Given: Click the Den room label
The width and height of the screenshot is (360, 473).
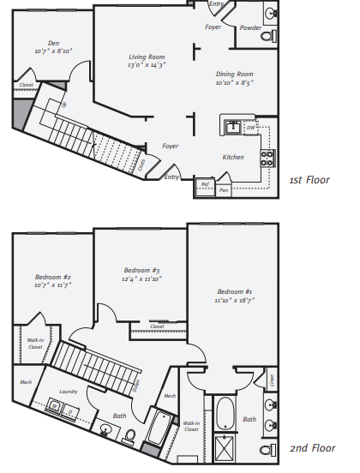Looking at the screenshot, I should tap(53, 43).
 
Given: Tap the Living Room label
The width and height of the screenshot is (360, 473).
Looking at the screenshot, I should tap(147, 57).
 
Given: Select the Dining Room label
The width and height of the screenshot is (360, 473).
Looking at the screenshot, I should tap(234, 75).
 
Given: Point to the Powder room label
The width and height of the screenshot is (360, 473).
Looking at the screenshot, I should tap(250, 27).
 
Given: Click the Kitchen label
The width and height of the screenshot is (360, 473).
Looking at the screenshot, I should tap(233, 157).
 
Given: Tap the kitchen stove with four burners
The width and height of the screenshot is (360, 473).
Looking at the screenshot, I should tap(267, 158).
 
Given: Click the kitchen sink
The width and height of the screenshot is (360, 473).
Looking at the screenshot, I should tap(232, 127).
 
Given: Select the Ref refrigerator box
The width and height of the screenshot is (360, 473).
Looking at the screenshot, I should tap(205, 183).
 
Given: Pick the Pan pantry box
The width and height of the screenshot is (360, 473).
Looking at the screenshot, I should tap(225, 189).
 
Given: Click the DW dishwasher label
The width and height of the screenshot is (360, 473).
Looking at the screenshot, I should tap(250, 128).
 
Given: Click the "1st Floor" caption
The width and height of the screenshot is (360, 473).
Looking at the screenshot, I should tap(309, 180).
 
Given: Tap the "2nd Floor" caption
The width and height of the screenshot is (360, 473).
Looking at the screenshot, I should tap(311, 448).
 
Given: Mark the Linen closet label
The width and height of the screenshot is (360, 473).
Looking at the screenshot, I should tap(270, 379).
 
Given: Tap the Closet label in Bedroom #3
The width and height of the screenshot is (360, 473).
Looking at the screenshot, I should tap(157, 326).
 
